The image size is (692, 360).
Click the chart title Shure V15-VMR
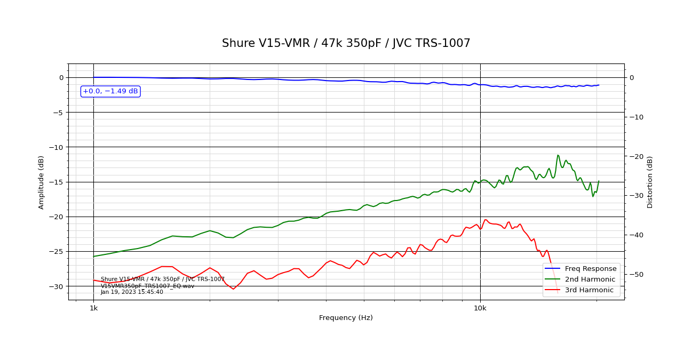pyautogui.click(x=346, y=44)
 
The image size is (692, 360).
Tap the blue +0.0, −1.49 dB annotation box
pyautogui.click(x=110, y=91)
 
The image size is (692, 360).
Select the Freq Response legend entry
pyautogui.click(x=592, y=269)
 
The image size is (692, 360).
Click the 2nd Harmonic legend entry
pyautogui.click(x=592, y=279)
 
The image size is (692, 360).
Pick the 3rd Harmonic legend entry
pyautogui.click(x=592, y=290)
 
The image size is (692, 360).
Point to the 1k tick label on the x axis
pyautogui.click(x=93, y=308)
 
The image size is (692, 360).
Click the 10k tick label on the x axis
pyautogui.click(x=480, y=308)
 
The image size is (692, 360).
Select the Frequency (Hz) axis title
pyautogui.click(x=346, y=318)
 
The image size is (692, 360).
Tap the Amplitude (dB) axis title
pyautogui.click(x=42, y=182)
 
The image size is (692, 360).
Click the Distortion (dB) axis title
pyautogui.click(x=650, y=182)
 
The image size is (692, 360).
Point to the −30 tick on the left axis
pyautogui.click(x=56, y=286)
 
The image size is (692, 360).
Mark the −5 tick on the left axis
pyautogui.click(x=58, y=113)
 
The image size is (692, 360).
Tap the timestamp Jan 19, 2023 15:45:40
pyautogui.click(x=132, y=292)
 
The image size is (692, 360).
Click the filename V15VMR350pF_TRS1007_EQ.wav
pyautogui.click(x=147, y=286)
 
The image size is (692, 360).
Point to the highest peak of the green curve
pyautogui.click(x=558, y=155)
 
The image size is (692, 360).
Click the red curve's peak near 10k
pyautogui.click(x=486, y=219)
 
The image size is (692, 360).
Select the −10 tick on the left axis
pyautogui.click(x=56, y=147)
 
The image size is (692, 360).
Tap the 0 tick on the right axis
pyautogui.click(x=632, y=77)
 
